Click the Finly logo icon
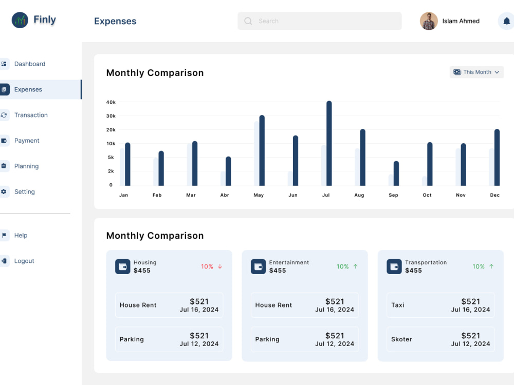pyautogui.click(x=20, y=21)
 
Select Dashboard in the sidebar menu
pyautogui.click(x=29, y=64)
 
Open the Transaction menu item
pyautogui.click(x=31, y=115)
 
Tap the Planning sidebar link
pyautogui.click(x=26, y=166)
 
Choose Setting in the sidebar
pyautogui.click(x=24, y=191)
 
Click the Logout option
pyautogui.click(x=24, y=261)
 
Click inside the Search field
pyautogui.click(x=320, y=21)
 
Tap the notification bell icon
pyautogui.click(x=506, y=21)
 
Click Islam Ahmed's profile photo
pyautogui.click(x=429, y=21)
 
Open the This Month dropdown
pyautogui.click(x=476, y=72)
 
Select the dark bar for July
pyautogui.click(x=329, y=143)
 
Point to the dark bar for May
pyautogui.click(x=262, y=150)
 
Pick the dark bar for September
pyautogui.click(x=396, y=174)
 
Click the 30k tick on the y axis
pyautogui.click(x=111, y=116)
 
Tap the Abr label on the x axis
pyautogui.click(x=225, y=195)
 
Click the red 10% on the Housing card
pyautogui.click(x=207, y=266)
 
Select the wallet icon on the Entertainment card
pyautogui.click(x=259, y=266)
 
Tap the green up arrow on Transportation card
pyautogui.click(x=491, y=266)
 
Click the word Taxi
pyautogui.click(x=398, y=305)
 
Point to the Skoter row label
pyautogui.click(x=401, y=339)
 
